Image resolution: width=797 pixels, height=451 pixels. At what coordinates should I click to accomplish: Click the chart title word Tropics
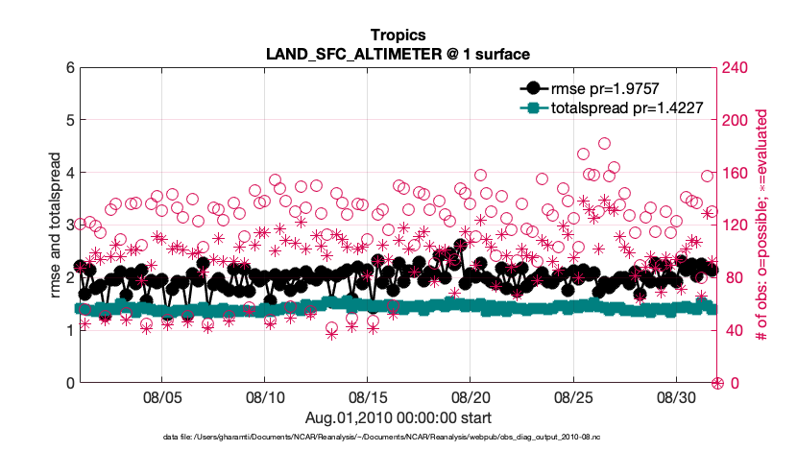point(398,35)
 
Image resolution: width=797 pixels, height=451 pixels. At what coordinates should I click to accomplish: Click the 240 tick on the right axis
point(739,68)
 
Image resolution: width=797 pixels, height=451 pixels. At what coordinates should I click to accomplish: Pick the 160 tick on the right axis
point(739,174)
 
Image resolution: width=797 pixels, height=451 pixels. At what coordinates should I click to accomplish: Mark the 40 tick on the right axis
point(736,331)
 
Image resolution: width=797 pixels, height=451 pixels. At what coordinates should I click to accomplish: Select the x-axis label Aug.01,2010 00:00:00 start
point(398,416)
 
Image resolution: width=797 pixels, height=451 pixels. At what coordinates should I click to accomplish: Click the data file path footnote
point(398,437)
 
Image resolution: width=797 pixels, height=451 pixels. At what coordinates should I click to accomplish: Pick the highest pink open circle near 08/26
point(605,144)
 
